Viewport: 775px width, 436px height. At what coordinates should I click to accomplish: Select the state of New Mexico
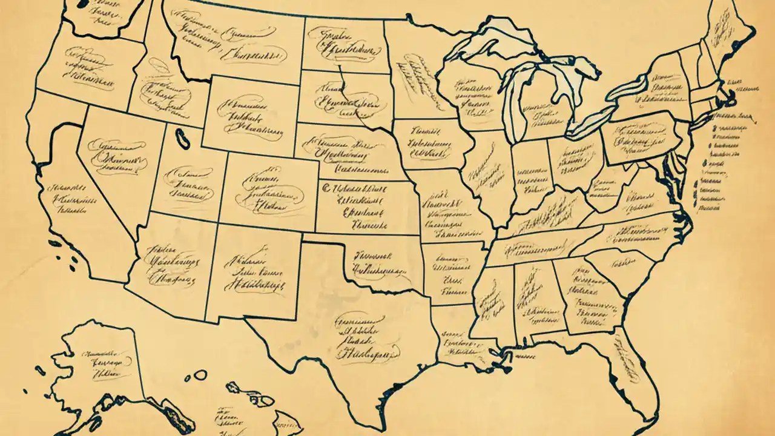click(x=254, y=272)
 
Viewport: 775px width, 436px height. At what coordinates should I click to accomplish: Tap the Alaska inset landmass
click(x=103, y=363)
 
